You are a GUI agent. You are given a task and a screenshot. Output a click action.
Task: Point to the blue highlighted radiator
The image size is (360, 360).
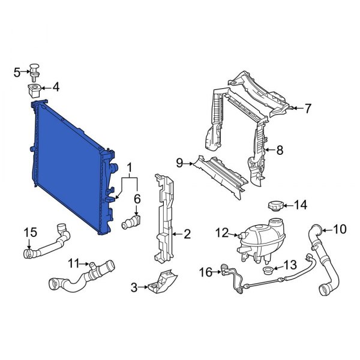point(69,162)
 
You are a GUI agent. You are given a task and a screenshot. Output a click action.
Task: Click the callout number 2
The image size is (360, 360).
point(187,232)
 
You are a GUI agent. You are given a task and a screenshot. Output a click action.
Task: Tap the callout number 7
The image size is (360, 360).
point(308,109)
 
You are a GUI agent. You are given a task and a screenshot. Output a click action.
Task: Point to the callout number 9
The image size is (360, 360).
point(179,162)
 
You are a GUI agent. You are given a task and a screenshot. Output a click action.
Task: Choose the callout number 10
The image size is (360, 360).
point(340,229)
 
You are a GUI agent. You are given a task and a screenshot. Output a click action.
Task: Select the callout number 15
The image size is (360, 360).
point(30,233)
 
